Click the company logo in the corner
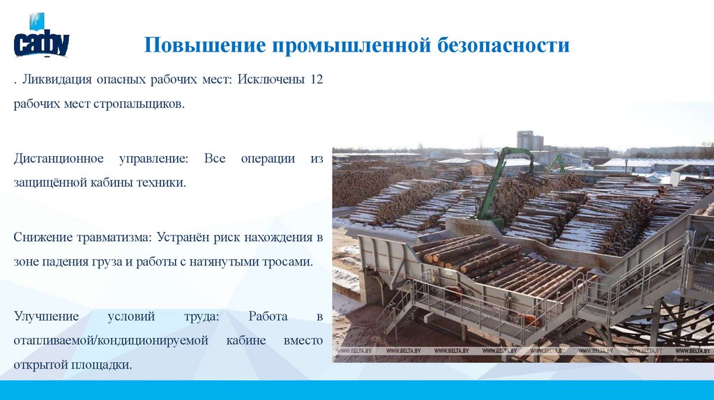[41, 36]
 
